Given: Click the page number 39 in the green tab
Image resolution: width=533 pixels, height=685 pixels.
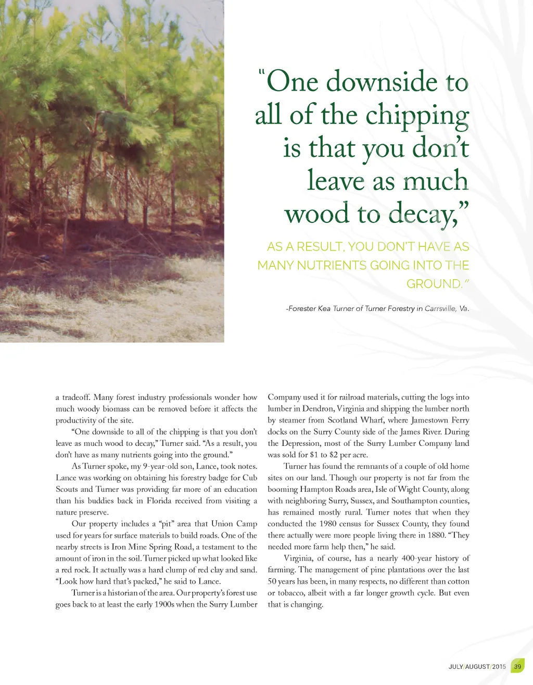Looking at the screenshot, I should [x=517, y=666].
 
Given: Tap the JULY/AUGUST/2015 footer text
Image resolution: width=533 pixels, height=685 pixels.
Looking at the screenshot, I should [x=477, y=667].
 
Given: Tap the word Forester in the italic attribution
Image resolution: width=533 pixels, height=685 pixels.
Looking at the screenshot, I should [x=302, y=308].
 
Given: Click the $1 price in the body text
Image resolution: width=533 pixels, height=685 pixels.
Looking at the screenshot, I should [x=314, y=455].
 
